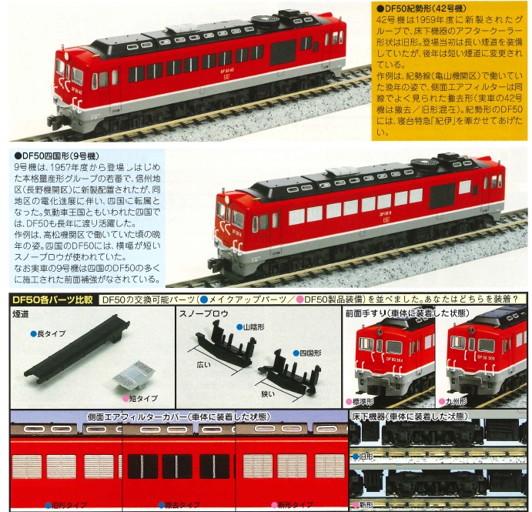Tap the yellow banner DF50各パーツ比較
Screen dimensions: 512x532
click(x=52, y=300)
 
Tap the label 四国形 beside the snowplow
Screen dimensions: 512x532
click(x=311, y=353)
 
